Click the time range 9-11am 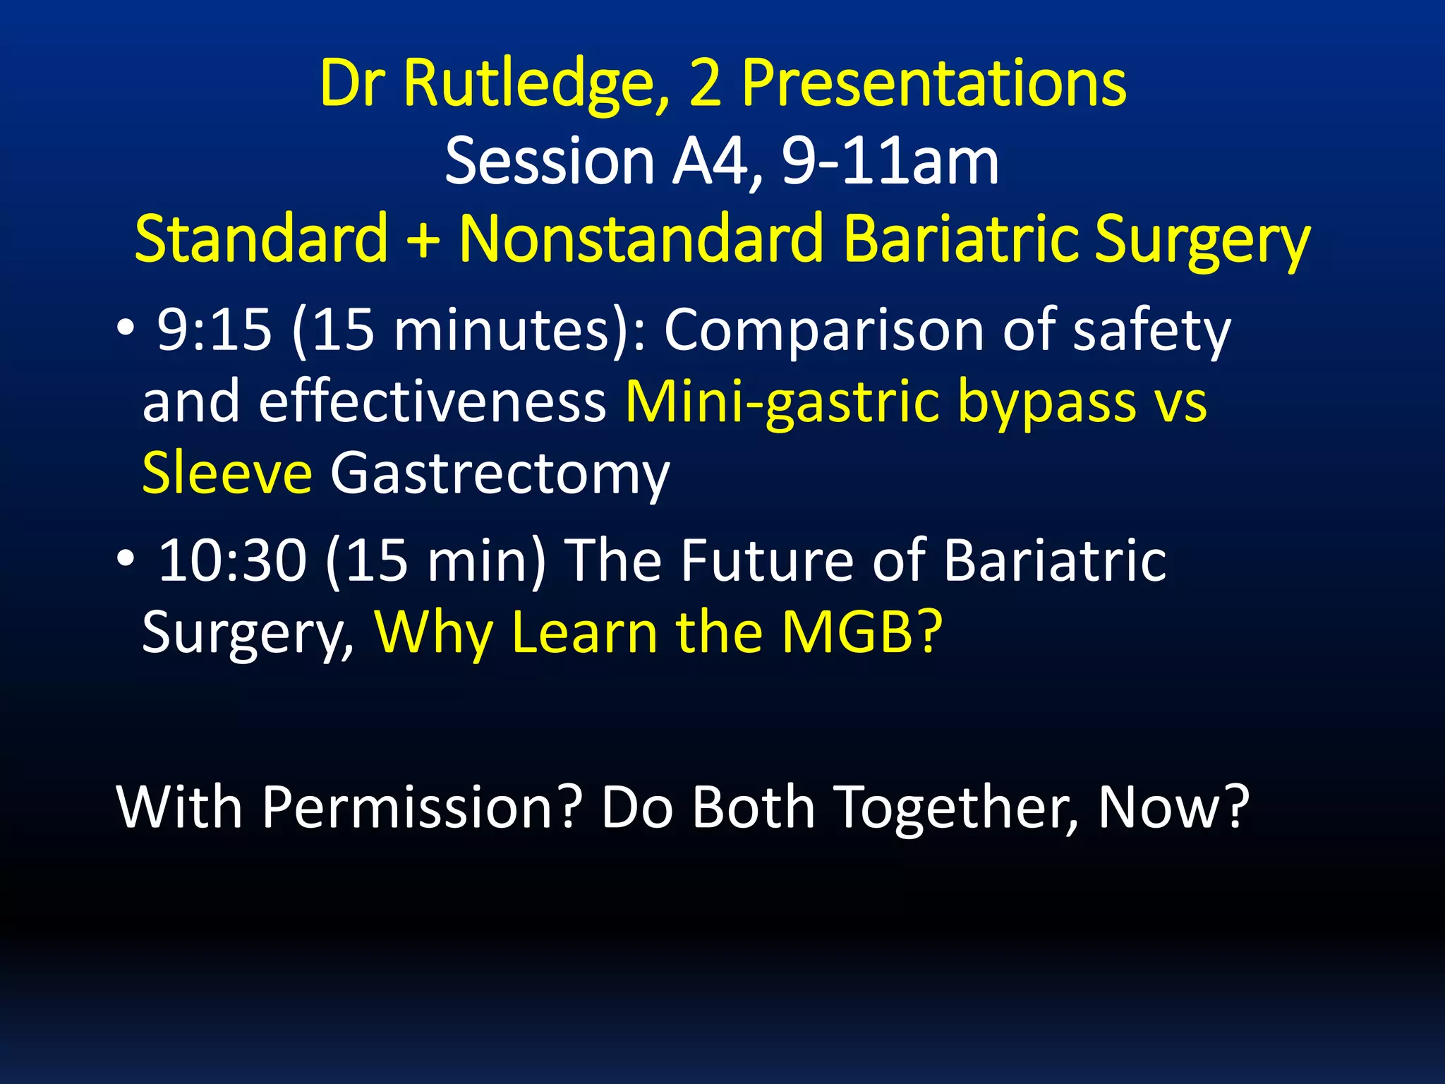pyautogui.click(x=890, y=162)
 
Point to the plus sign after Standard pyautogui.click(x=423, y=240)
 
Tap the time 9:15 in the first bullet pyautogui.click(x=214, y=330)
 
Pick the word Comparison pyautogui.click(x=823, y=330)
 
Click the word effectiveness pyautogui.click(x=432, y=402)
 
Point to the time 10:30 pyautogui.click(x=232, y=561)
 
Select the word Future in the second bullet pyautogui.click(x=767, y=561)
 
